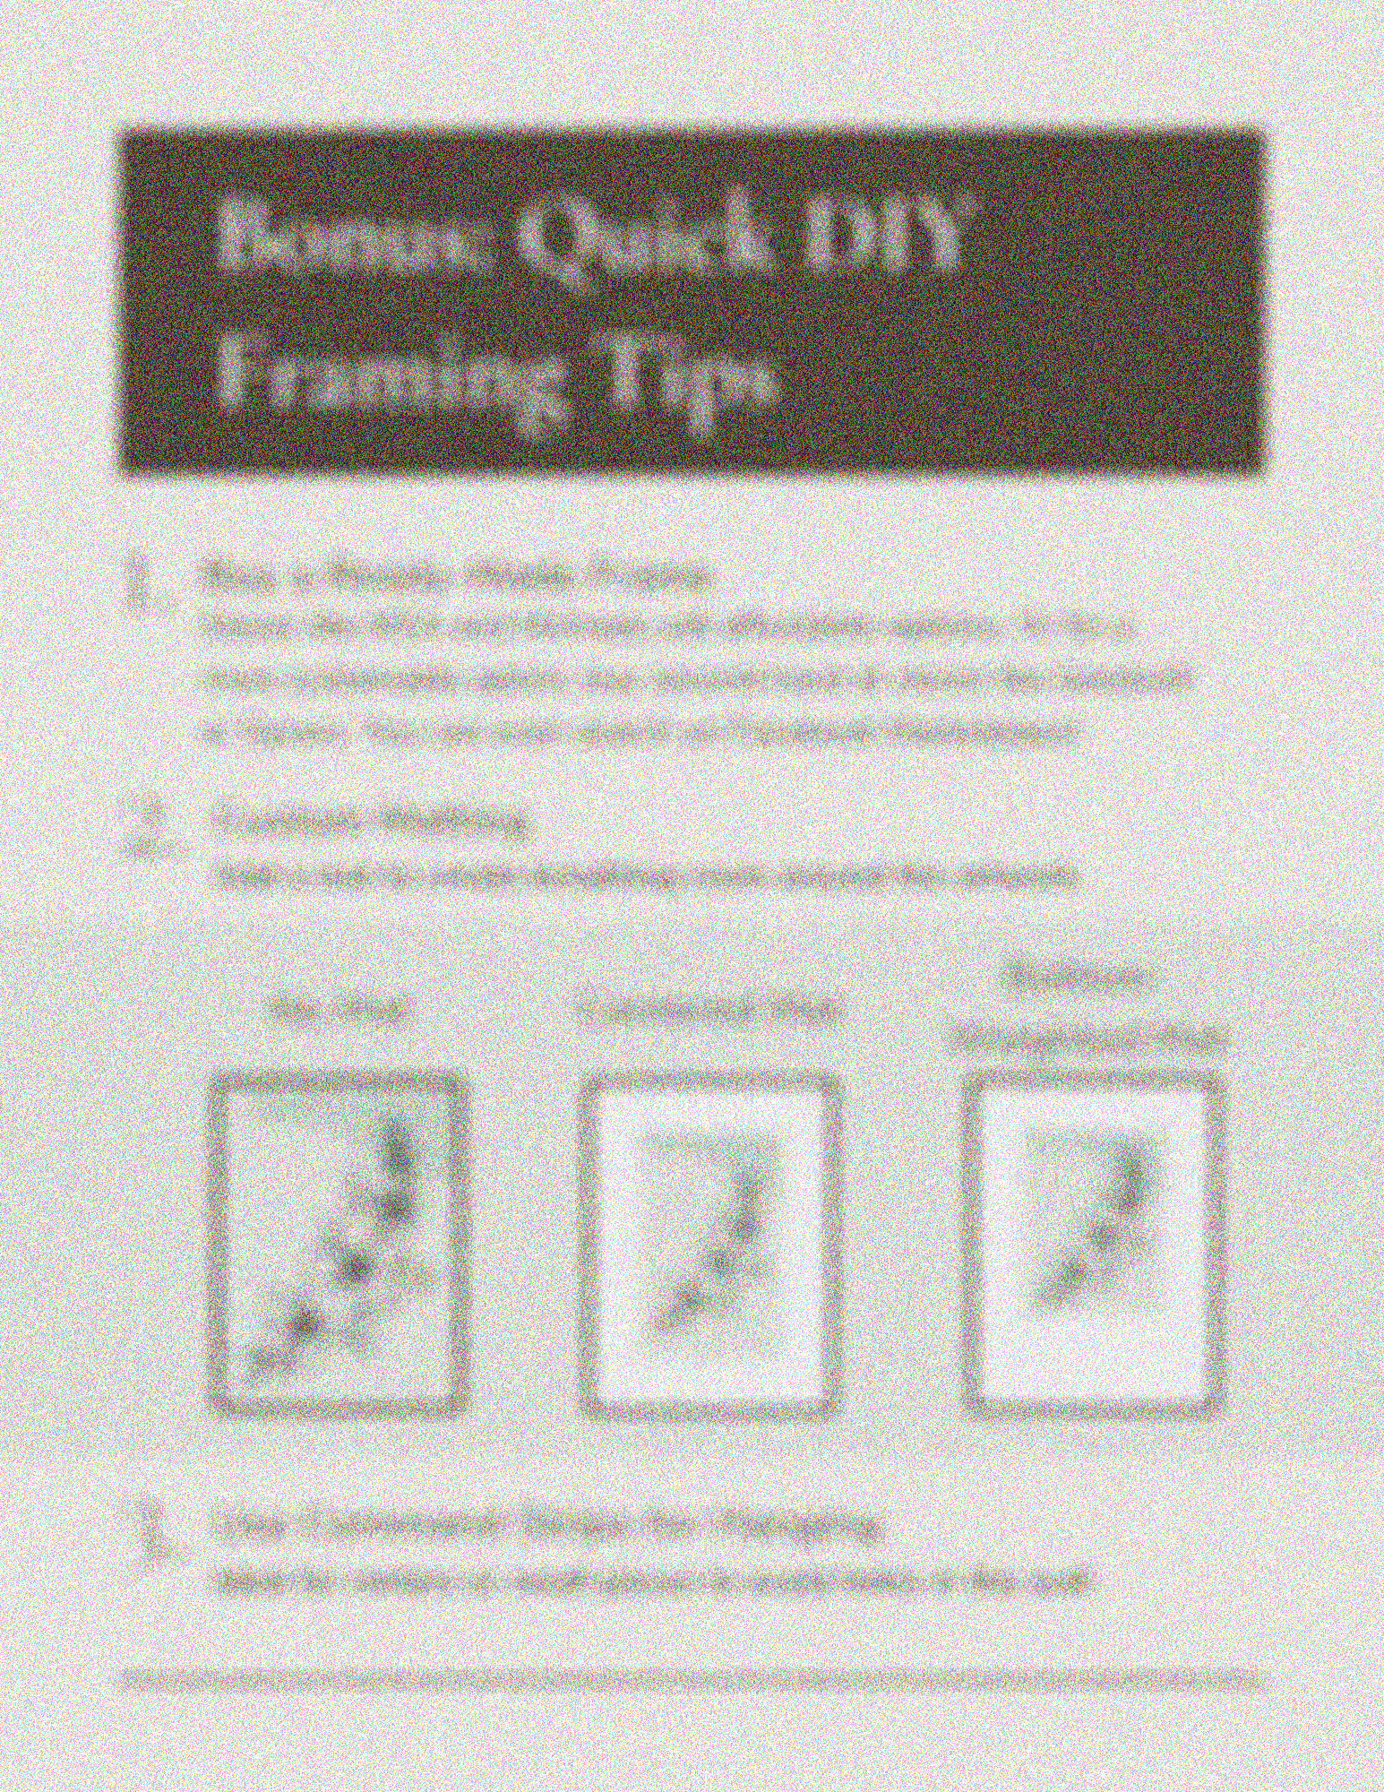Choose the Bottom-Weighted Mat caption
[x=1087, y=1008]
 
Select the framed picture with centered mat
[x=712, y=1245]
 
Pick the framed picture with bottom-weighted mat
[x=1093, y=1245]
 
